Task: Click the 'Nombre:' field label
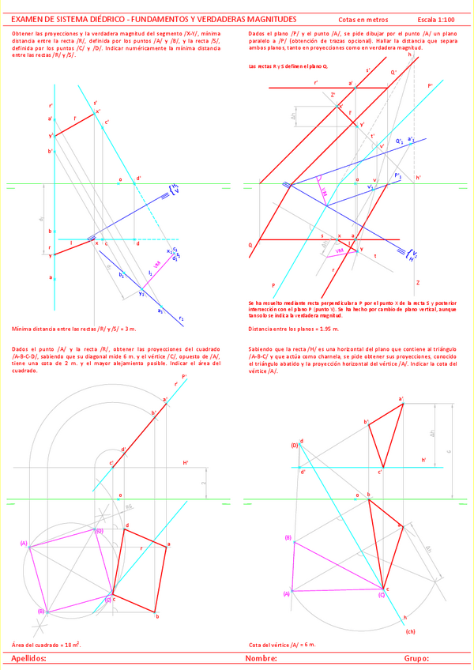point(261,657)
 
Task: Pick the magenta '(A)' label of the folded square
point(24,544)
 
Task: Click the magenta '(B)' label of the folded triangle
point(288,538)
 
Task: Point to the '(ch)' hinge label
point(410,631)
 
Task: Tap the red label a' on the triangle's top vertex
point(401,400)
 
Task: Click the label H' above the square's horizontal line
point(186,462)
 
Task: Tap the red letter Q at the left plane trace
point(250,245)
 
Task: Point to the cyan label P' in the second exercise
point(430,85)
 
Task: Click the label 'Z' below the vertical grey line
point(417,282)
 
